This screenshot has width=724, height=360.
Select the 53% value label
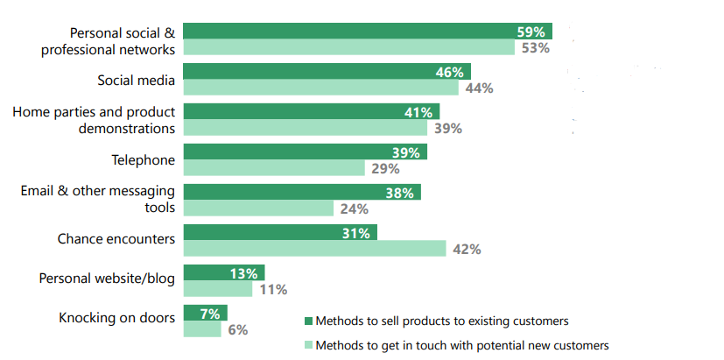534,48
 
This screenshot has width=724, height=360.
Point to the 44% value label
479,88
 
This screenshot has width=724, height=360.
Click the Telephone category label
143,160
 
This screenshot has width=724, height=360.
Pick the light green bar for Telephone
274,168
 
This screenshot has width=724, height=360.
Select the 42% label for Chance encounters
466,250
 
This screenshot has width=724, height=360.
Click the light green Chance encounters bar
315,249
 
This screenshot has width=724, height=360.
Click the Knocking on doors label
116,318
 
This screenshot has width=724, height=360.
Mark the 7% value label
211,313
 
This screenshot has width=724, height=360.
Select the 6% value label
235,330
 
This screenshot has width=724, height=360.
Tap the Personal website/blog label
107,279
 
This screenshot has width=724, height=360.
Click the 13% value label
243,272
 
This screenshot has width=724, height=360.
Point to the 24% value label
354,209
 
